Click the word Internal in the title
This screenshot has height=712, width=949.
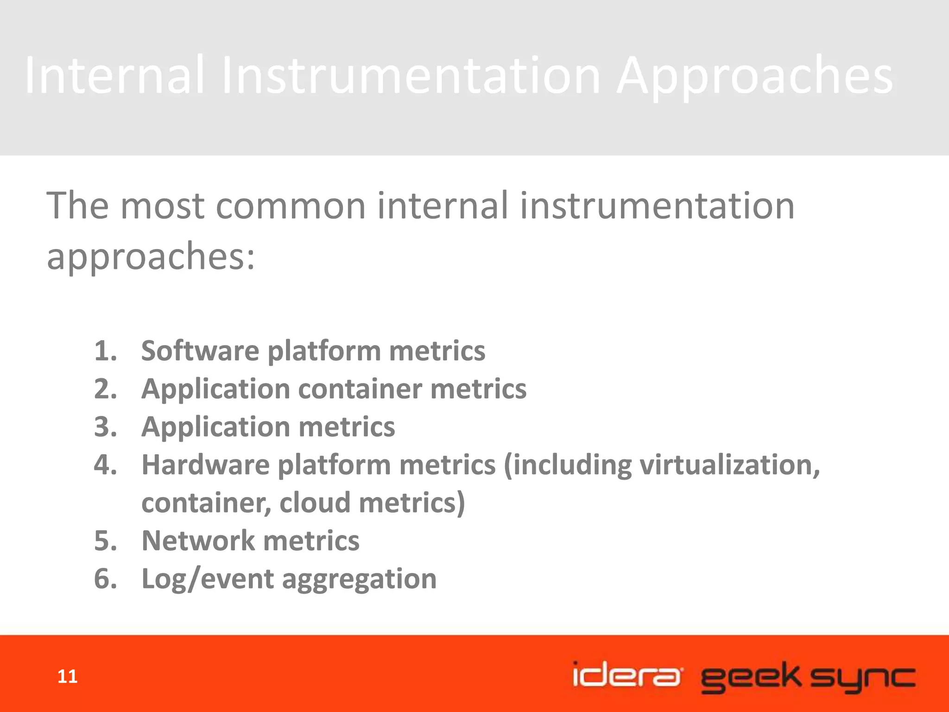[114, 75]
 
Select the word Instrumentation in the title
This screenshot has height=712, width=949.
[411, 75]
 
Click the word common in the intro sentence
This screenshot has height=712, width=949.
[291, 206]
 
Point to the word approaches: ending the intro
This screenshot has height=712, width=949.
[151, 257]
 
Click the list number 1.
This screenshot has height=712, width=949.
[105, 350]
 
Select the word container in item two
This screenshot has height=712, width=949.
[360, 388]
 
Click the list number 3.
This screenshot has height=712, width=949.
[105, 426]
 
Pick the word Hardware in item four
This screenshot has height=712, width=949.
[205, 464]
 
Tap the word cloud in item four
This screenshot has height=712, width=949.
[315, 502]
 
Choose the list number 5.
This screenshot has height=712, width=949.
[105, 540]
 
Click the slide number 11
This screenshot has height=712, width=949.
[67, 677]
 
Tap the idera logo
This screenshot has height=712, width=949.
[627, 675]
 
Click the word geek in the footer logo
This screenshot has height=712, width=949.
[750, 678]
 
